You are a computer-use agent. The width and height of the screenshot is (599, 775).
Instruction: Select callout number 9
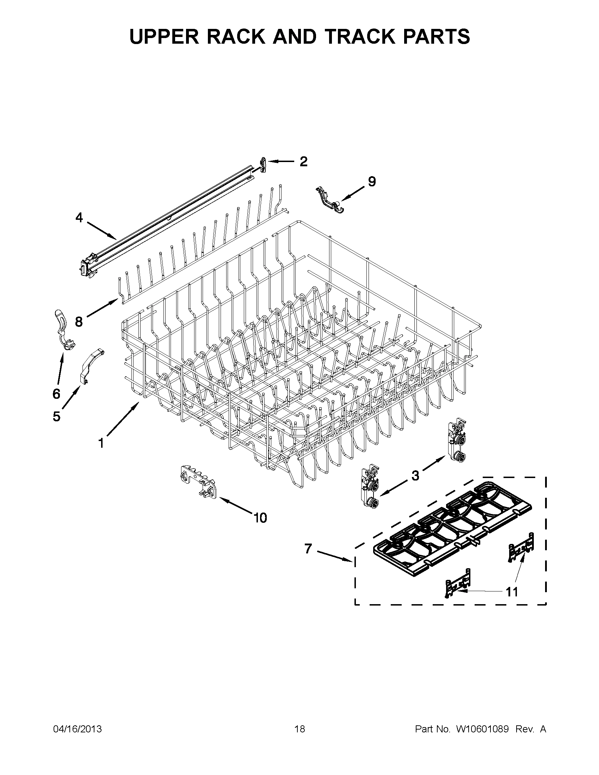(x=371, y=182)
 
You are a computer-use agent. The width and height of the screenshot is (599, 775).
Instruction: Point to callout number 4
(x=79, y=217)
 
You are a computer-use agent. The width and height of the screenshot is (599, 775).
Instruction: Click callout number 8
(x=79, y=322)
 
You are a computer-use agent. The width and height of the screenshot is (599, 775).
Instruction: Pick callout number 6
(x=56, y=393)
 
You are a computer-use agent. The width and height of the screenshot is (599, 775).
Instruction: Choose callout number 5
(x=56, y=416)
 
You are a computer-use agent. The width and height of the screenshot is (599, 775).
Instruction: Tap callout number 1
(x=101, y=443)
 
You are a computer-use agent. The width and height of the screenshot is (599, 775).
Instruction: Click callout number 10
(x=260, y=518)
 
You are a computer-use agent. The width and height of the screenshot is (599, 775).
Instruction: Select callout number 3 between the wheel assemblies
(x=415, y=476)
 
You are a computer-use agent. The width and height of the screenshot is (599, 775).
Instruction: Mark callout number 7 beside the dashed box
(x=308, y=549)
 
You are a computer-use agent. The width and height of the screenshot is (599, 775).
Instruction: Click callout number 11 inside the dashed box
(x=511, y=591)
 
